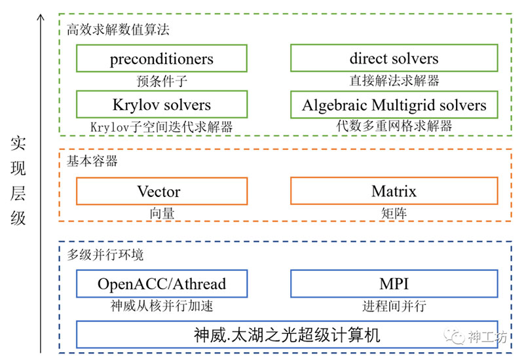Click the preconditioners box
pyautogui.click(x=162, y=58)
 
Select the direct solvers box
pyautogui.click(x=394, y=58)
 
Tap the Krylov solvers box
pyautogui.click(x=162, y=104)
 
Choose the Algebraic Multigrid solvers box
pyautogui.click(x=394, y=105)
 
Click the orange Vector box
pyautogui.click(x=162, y=191)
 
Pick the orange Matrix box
pyautogui.click(x=394, y=190)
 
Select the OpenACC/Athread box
pyautogui.click(x=162, y=283)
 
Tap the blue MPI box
pyautogui.click(x=394, y=283)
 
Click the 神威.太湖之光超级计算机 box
pyautogui.click(x=287, y=334)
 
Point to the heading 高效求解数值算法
pyautogui.click(x=118, y=29)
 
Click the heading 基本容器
pyautogui.click(x=92, y=161)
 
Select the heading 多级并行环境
pyautogui.click(x=105, y=255)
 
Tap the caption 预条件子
pyautogui.click(x=162, y=81)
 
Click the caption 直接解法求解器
pyautogui.click(x=394, y=81)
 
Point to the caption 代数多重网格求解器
pyautogui.click(x=394, y=126)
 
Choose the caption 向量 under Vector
pyautogui.click(x=162, y=213)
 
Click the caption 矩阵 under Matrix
pyautogui.click(x=394, y=213)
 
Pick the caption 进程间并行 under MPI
pyautogui.click(x=394, y=306)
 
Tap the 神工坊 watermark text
pyautogui.click(x=487, y=337)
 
